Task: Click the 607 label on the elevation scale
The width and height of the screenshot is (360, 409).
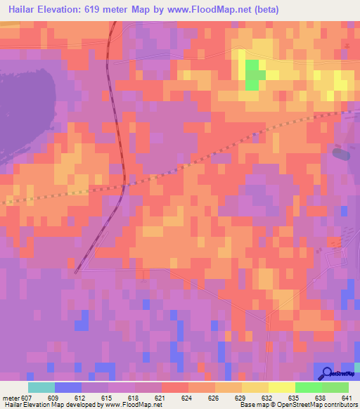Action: click(x=26, y=398)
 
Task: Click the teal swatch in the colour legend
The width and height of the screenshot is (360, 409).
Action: click(x=41, y=387)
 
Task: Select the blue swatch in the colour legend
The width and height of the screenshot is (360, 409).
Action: click(x=67, y=387)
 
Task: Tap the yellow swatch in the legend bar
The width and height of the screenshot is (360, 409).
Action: click(x=281, y=387)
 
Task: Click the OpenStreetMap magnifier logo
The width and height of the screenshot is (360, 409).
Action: click(x=326, y=374)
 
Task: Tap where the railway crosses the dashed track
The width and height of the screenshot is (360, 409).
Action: click(x=124, y=185)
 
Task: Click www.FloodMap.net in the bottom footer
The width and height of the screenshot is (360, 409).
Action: click(x=134, y=405)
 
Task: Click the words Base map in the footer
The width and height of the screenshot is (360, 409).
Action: click(x=252, y=405)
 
